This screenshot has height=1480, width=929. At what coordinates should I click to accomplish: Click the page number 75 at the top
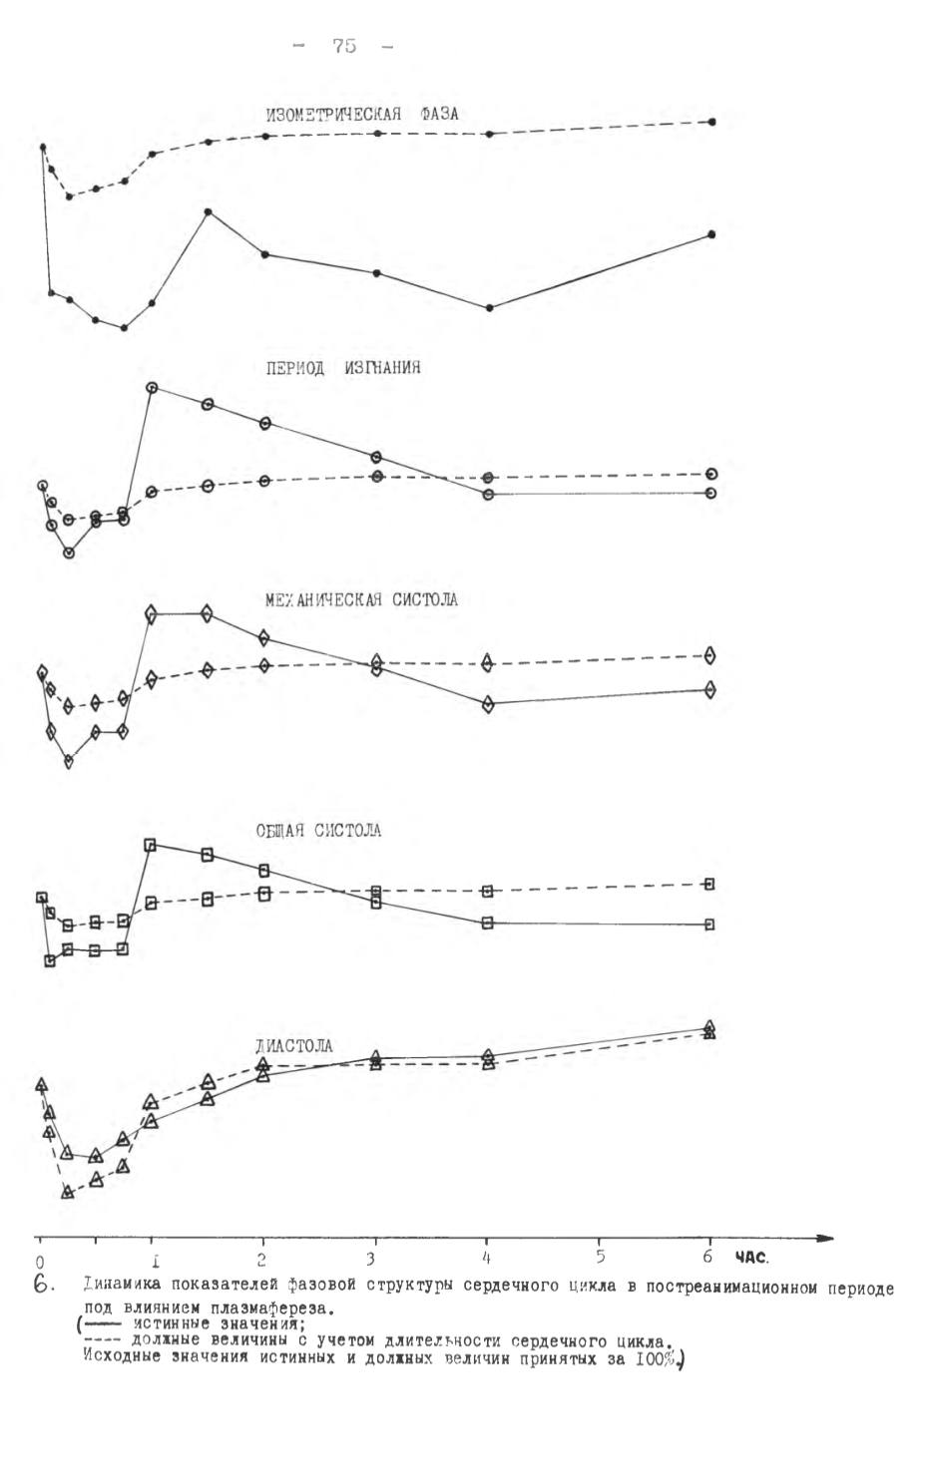click(344, 46)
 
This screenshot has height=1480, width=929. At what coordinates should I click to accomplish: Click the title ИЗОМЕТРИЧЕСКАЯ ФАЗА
click(361, 115)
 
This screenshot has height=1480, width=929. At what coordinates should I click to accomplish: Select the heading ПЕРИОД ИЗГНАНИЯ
click(343, 368)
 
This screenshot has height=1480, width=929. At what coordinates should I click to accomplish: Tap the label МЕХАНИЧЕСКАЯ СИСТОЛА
click(361, 600)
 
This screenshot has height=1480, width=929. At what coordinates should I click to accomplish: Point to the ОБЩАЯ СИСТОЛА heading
click(318, 831)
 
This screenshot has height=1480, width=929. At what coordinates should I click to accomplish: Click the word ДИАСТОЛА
click(294, 1046)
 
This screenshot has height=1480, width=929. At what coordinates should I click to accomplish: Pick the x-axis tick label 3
click(371, 1259)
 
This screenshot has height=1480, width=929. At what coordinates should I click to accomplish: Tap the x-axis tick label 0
click(40, 1262)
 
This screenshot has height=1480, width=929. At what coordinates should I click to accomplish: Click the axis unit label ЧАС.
click(751, 1258)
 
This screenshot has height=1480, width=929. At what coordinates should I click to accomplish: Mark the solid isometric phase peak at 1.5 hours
click(208, 211)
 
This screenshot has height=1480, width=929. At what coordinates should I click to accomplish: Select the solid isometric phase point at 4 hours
click(489, 308)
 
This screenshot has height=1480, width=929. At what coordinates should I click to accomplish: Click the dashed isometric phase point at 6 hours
click(711, 122)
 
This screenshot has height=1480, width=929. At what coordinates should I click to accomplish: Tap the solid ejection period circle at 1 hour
click(152, 387)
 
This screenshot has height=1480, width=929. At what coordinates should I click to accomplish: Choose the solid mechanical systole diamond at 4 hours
click(488, 704)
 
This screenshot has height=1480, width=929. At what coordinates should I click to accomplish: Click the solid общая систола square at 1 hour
click(150, 845)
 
